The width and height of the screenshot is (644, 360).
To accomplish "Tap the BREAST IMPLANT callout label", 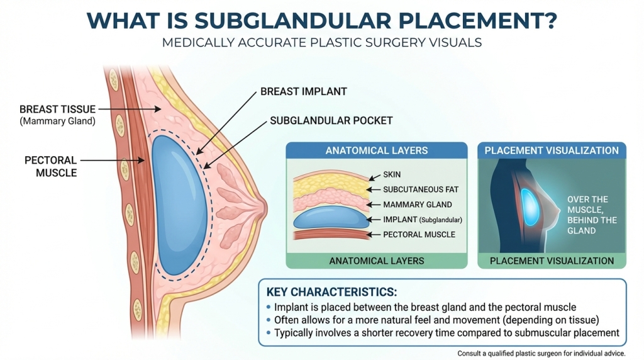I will (x=304, y=92).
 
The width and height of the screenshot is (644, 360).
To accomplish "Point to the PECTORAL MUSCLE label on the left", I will (x=51, y=166).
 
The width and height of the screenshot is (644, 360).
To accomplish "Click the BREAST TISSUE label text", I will (x=57, y=109).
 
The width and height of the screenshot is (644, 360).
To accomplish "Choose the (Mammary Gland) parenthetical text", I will (x=57, y=121).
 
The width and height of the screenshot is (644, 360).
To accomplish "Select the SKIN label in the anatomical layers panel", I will (x=392, y=174).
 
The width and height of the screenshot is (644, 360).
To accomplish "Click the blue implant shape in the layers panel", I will (x=330, y=218).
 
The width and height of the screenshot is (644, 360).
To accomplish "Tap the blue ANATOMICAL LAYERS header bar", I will (x=377, y=150).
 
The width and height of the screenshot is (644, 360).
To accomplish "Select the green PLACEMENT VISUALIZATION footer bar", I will (x=552, y=261).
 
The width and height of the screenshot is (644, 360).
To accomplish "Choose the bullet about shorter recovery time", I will (x=447, y=333).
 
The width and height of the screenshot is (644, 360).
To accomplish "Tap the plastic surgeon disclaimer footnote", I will (x=541, y=354).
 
